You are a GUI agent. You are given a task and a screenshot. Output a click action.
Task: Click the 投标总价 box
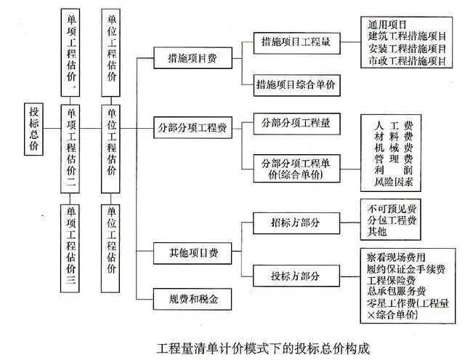click(x=33, y=129)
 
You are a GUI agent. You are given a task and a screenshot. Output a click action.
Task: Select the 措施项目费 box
click(x=193, y=58)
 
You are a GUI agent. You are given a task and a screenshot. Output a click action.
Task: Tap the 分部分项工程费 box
click(x=193, y=127)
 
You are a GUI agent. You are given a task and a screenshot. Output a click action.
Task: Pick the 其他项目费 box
click(x=193, y=253)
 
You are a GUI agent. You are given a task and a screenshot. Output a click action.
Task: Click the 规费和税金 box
click(x=193, y=299)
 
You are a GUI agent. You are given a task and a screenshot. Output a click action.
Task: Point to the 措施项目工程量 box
click(x=297, y=44)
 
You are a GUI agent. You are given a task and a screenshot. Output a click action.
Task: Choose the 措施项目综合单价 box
click(x=297, y=86)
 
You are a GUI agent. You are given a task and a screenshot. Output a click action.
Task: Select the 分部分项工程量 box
click(x=297, y=124)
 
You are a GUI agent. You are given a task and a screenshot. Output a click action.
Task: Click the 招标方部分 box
click(x=296, y=223)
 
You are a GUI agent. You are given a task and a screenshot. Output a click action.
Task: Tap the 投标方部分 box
click(x=296, y=276)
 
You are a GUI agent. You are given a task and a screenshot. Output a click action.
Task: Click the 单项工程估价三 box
click(x=70, y=249)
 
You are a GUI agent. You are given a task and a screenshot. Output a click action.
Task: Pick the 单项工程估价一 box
click(x=70, y=52)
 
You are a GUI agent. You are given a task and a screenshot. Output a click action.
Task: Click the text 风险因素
click(x=394, y=182)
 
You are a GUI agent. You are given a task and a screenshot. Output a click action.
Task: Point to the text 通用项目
click(x=387, y=24)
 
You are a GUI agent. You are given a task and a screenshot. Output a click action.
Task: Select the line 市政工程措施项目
click(x=407, y=61)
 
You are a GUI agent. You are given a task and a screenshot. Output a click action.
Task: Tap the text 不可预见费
click(x=392, y=209)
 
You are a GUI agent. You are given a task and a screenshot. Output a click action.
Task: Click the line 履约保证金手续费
click(x=406, y=269)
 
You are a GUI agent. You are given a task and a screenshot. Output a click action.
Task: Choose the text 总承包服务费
click(x=397, y=291)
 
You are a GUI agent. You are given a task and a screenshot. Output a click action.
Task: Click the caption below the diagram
click(x=263, y=348)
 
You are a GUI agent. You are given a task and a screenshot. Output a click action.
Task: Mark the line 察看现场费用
click(x=396, y=257)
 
